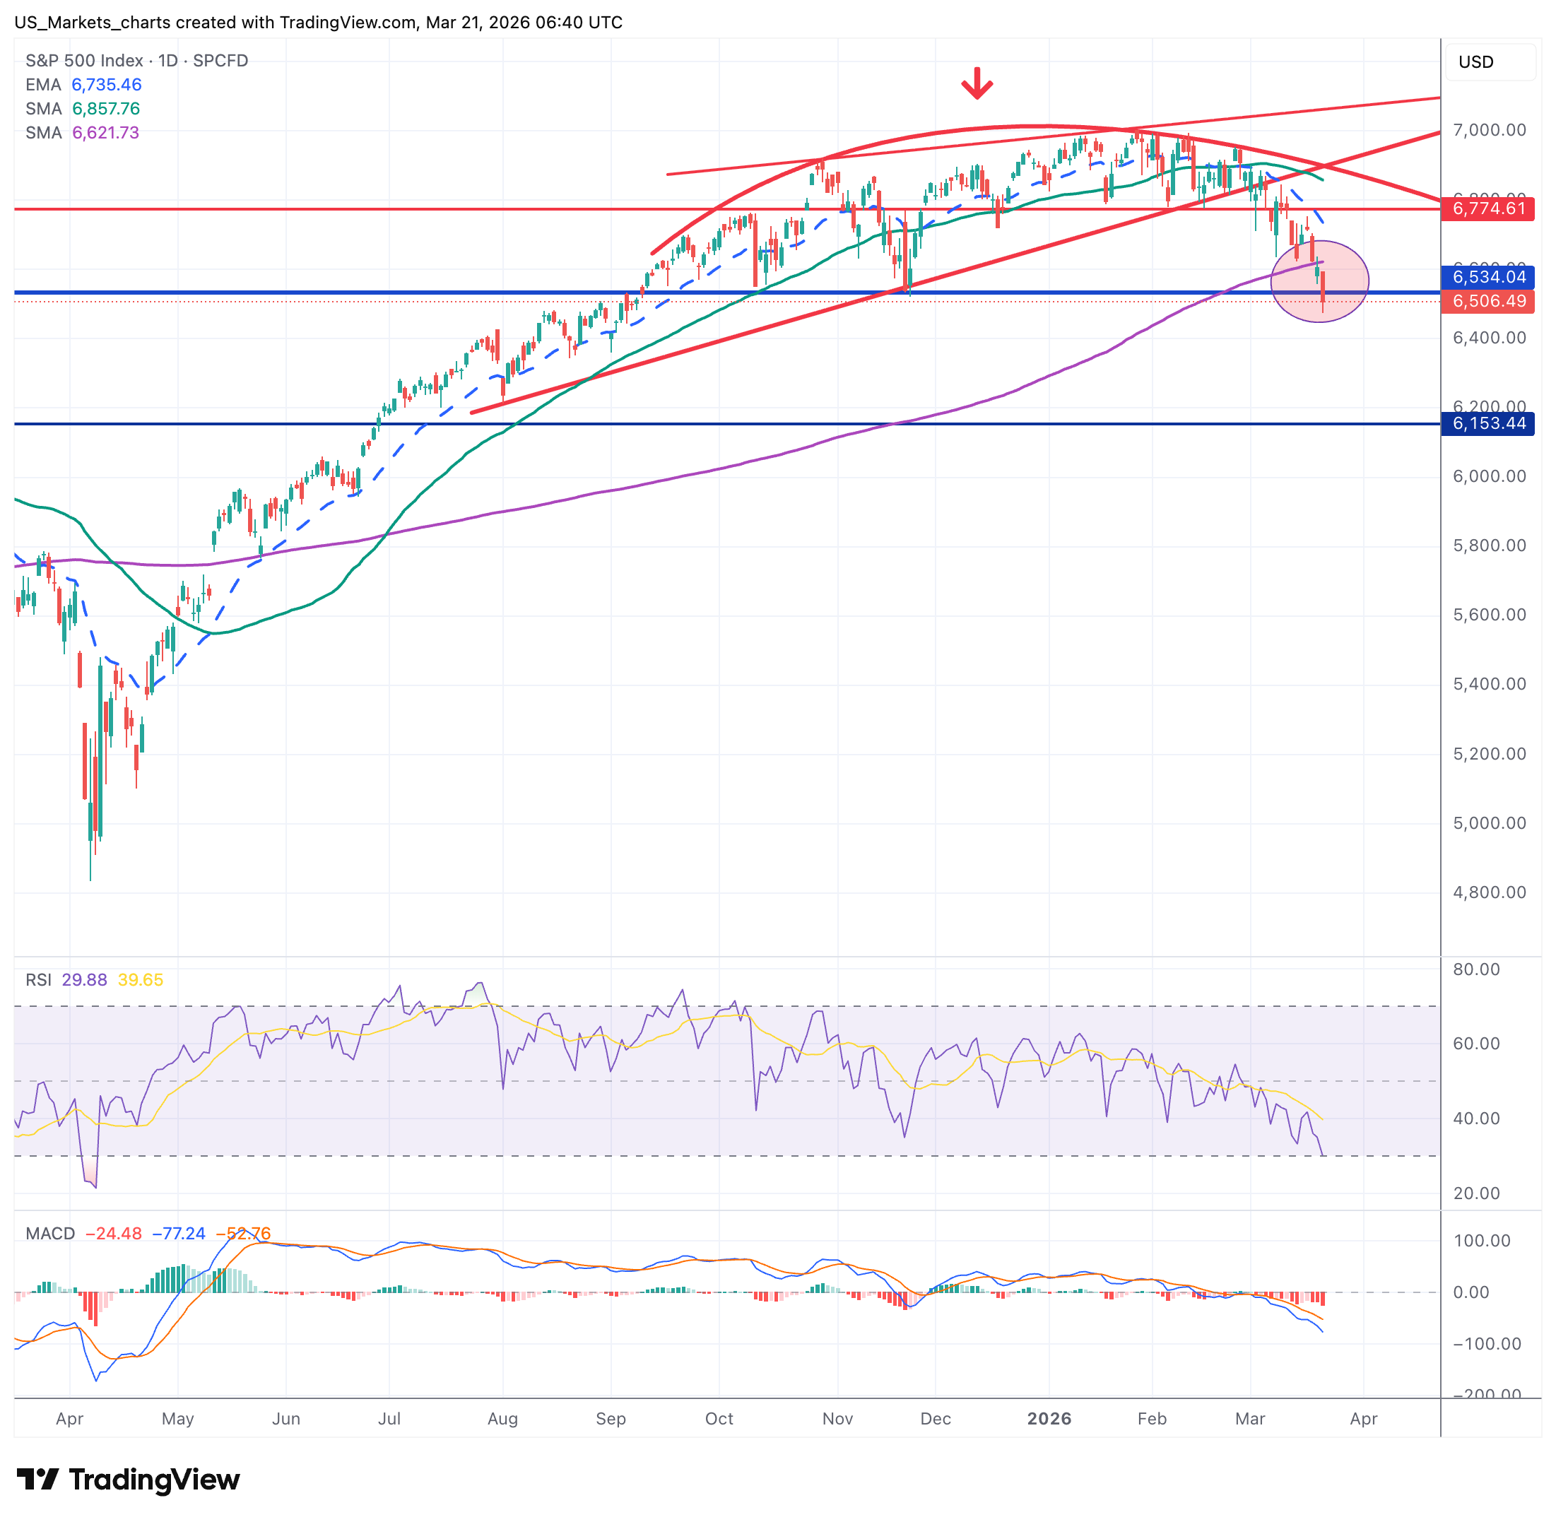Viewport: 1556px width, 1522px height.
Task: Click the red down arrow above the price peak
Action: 977,83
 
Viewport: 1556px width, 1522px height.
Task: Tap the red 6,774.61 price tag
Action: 1487,208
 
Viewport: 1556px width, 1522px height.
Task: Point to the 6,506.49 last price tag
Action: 1487,302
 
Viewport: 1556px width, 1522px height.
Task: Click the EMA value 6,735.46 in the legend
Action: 106,85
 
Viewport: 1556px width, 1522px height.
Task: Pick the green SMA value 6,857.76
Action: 105,109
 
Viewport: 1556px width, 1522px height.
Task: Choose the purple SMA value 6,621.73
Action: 105,133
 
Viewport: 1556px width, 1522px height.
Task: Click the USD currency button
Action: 1475,62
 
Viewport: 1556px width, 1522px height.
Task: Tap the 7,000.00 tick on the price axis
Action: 1489,130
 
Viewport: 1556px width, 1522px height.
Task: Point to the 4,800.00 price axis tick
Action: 1489,892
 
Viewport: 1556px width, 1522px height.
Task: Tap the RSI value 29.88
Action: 84,980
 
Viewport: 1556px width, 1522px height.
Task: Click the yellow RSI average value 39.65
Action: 141,980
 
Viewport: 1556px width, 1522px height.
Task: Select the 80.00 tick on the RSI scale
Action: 1476,969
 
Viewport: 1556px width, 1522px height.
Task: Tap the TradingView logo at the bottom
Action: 128,1480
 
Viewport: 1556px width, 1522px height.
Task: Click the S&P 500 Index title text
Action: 84,61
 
